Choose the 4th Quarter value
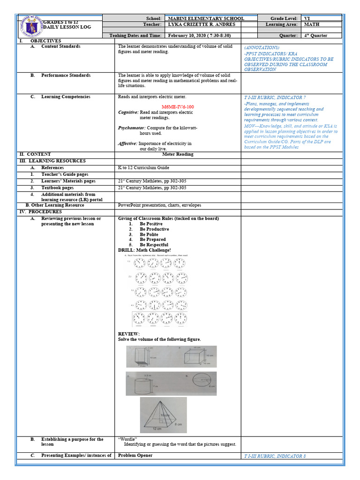tap(315, 36)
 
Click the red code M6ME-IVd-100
tap(178, 107)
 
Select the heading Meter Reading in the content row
tap(178, 154)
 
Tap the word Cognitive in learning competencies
tap(128, 112)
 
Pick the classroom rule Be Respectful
tap(154, 245)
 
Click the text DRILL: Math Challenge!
tap(144, 250)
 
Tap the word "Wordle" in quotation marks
tap(124, 439)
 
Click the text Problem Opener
tap(135, 455)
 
